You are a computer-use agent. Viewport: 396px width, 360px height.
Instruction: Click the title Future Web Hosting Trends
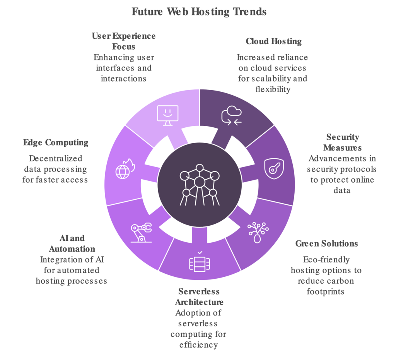coord(199,12)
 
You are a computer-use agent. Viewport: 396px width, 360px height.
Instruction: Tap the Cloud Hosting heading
coord(274,41)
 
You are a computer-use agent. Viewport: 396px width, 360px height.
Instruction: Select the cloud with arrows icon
coord(231,116)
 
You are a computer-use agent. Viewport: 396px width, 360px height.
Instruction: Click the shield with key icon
coord(274,169)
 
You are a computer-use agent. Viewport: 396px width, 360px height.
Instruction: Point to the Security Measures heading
coord(343,142)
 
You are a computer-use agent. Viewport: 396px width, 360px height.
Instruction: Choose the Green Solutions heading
coord(326,243)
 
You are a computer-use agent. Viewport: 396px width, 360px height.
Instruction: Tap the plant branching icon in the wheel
coord(258,233)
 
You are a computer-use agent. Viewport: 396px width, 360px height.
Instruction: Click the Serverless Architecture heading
coord(199,297)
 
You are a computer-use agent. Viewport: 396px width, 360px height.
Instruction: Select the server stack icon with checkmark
coord(200,262)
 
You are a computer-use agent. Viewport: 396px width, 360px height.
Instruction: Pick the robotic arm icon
coord(141,233)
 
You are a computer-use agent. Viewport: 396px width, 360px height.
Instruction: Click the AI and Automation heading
coord(72,243)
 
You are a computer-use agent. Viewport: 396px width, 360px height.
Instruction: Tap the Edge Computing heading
coord(56,142)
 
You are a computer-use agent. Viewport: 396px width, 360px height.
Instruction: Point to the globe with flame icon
coord(125,169)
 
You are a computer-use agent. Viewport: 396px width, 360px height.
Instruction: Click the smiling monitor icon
coord(168,115)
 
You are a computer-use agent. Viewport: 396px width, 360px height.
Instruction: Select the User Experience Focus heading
coord(124,41)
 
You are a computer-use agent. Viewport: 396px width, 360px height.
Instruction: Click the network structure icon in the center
coord(200,185)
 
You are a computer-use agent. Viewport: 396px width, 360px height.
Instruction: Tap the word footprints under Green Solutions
coord(326,291)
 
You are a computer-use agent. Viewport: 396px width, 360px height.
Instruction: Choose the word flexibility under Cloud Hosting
coord(273,89)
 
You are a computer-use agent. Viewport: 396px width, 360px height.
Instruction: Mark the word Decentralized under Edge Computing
coord(56,158)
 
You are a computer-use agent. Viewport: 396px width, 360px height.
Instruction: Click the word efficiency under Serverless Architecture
coord(198,345)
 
